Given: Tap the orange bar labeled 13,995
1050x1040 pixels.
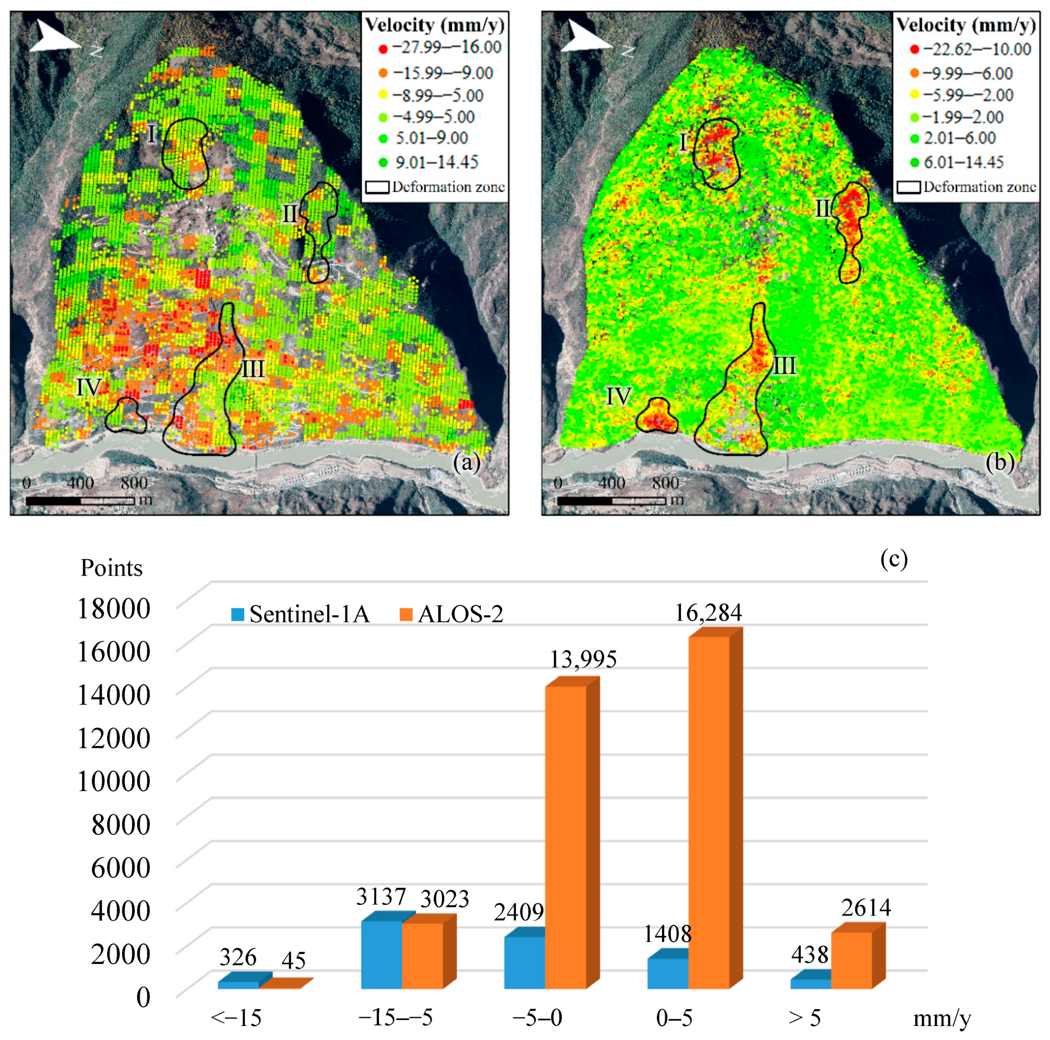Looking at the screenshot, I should coord(565,837).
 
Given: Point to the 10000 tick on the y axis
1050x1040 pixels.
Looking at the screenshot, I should coord(113,781).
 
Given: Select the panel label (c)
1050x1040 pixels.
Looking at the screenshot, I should coord(893,558).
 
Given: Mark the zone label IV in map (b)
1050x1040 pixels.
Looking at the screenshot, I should coord(618,396).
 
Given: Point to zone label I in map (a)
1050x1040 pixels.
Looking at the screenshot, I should coord(152,133).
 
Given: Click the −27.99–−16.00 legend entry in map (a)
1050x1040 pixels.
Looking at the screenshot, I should coord(439,48).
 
